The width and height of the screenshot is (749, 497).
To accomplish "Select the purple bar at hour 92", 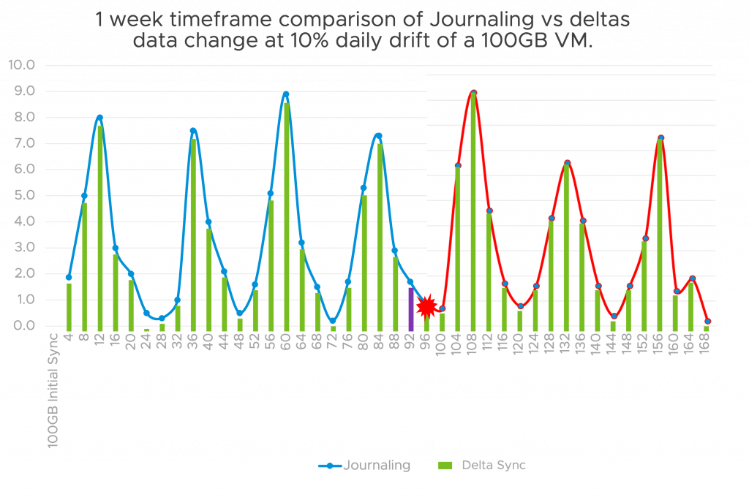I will (x=411, y=308).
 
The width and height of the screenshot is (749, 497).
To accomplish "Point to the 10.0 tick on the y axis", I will (x=21, y=65).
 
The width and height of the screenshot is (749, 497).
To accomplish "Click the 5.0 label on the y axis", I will (x=21, y=195).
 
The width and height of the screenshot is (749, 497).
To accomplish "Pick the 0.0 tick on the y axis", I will (x=21, y=326).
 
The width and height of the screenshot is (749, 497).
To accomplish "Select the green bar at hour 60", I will (x=287, y=216).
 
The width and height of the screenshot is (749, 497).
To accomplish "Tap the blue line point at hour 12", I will (x=99, y=118).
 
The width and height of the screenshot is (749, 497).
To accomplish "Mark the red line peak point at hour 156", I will (x=660, y=138).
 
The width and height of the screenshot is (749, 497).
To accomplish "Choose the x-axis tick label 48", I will (x=240, y=344).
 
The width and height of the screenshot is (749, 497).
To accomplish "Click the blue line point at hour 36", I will (x=193, y=132).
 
